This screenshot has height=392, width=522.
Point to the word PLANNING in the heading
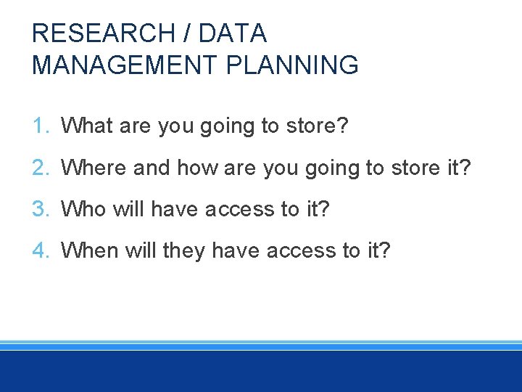[x=294, y=65]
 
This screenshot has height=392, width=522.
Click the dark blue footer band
[x=261, y=372]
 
